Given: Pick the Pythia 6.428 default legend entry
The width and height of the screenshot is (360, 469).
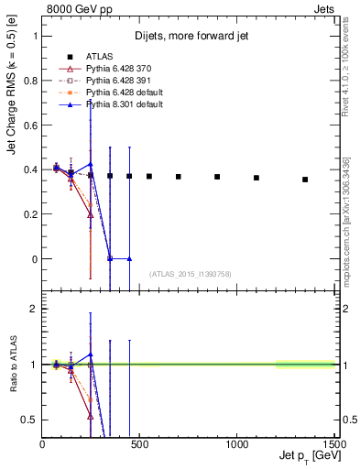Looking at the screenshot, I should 119,93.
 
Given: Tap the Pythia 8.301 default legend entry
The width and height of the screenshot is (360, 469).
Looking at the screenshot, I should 119,106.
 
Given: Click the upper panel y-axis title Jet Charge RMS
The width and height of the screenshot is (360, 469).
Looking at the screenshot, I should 12,119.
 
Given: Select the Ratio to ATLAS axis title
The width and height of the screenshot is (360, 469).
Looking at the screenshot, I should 12,365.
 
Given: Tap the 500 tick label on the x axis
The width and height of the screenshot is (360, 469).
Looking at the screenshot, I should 139,443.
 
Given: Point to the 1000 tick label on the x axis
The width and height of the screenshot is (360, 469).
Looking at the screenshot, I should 236,443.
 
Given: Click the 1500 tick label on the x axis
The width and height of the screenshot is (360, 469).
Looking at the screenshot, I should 333,443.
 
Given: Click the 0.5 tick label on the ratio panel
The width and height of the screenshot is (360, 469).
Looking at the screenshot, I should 29,420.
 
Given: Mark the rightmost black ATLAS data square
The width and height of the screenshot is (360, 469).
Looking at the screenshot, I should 305,180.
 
